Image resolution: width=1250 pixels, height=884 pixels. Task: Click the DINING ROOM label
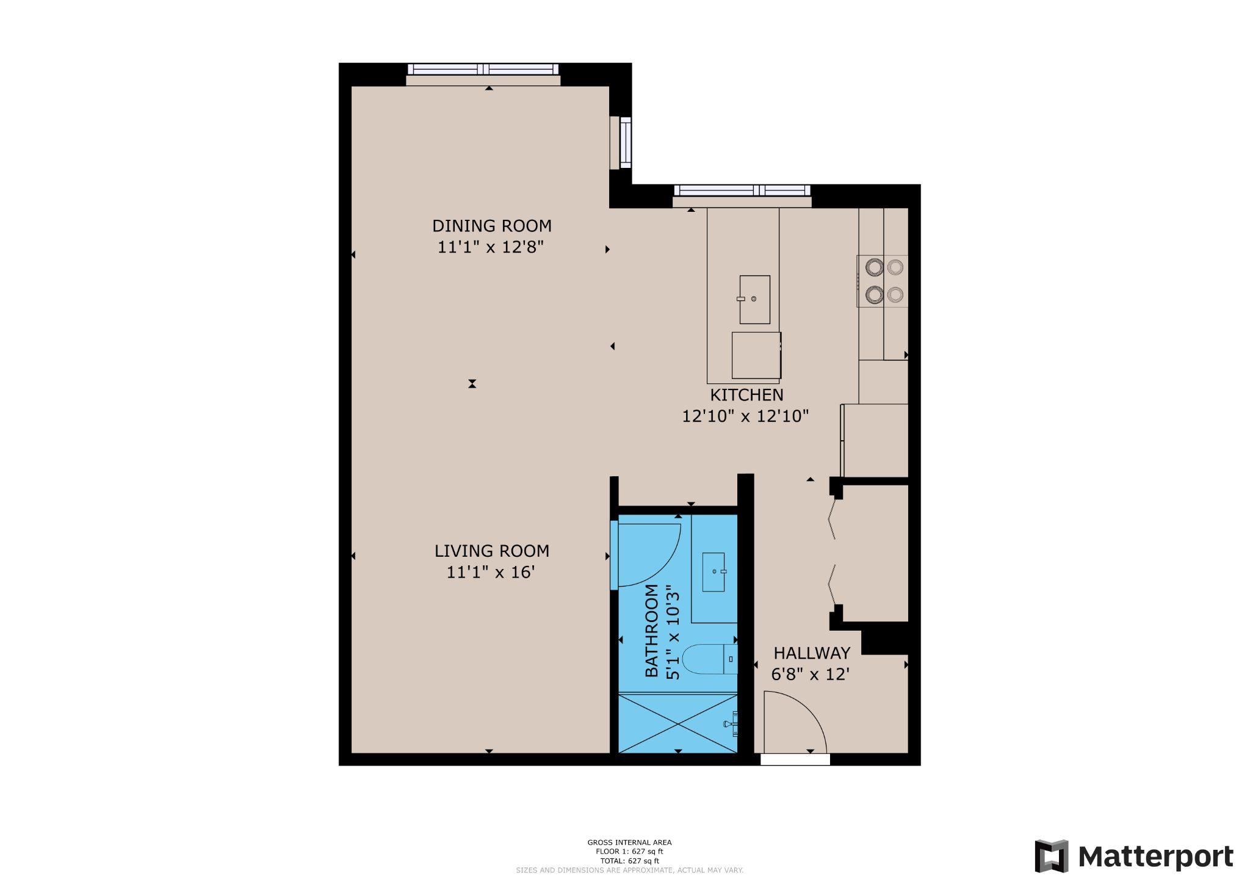point(491,226)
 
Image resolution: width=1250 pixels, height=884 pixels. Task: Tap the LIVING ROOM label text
point(491,551)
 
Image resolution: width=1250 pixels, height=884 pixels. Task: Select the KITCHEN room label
point(746,395)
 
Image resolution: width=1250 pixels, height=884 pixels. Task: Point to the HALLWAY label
point(811,653)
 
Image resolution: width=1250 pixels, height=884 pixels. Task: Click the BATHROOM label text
point(652,631)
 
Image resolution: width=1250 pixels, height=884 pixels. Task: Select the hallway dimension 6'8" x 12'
point(810,675)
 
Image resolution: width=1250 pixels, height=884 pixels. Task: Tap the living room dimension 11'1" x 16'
point(491,573)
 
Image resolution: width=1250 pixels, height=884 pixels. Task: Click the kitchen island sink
point(754,299)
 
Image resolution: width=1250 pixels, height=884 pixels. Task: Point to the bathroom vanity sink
point(714,572)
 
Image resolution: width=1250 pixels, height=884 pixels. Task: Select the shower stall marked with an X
point(677,723)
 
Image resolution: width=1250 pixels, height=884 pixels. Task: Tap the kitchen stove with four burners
point(883,281)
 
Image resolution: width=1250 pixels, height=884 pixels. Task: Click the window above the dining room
point(483,69)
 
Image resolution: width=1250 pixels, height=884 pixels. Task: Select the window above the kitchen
point(742,190)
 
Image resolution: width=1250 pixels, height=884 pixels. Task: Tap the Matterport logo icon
point(1051,856)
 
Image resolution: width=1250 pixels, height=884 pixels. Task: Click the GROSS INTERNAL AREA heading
point(629,842)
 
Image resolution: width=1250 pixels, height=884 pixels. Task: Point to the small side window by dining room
point(626,142)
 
